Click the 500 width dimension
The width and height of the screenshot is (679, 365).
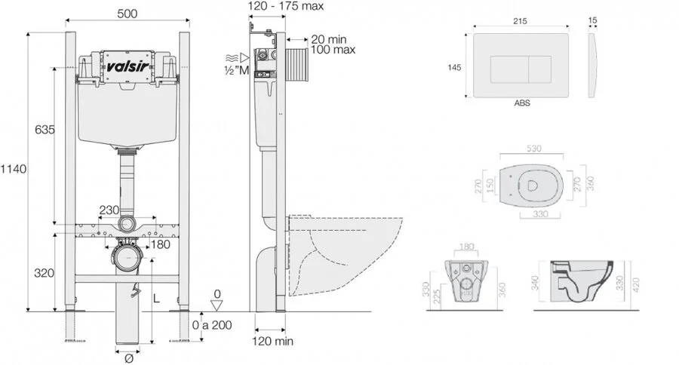pyautogui.click(x=126, y=13)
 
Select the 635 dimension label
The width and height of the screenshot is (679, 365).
pyautogui.click(x=45, y=130)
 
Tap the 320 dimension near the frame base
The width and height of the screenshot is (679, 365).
pyautogui.click(x=45, y=272)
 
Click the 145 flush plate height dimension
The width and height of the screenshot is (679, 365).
pyautogui.click(x=455, y=67)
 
